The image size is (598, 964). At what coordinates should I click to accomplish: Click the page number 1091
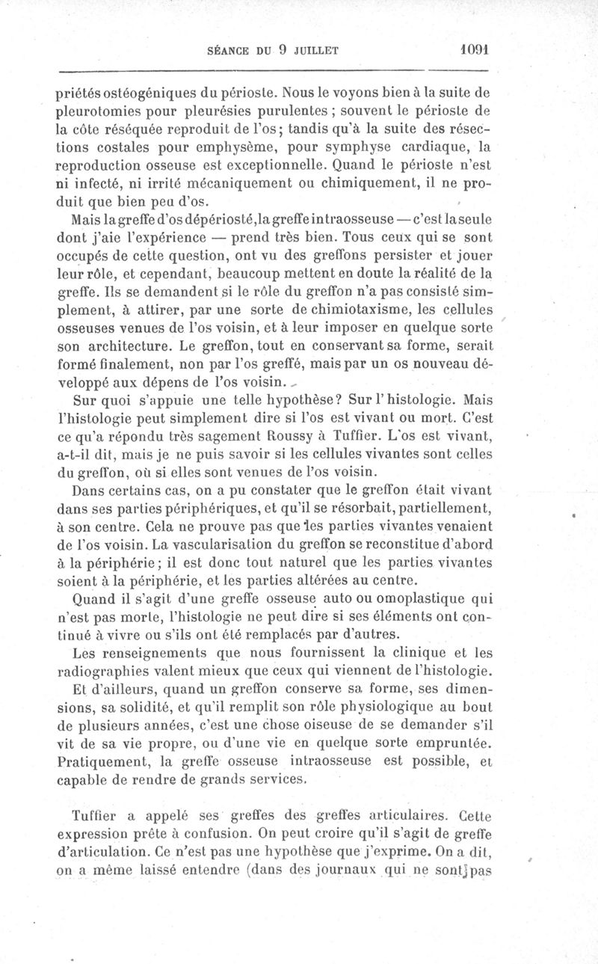coord(473,50)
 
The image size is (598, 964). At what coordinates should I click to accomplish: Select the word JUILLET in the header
coord(315,52)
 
